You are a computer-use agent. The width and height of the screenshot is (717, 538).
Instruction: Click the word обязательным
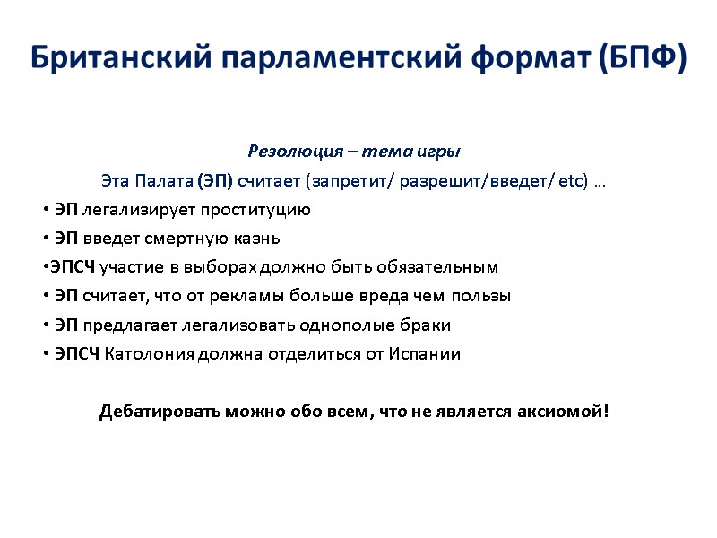(440, 267)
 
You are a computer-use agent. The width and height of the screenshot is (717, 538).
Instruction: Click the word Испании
(426, 353)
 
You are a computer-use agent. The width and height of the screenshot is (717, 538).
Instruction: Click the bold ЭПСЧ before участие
(72, 267)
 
